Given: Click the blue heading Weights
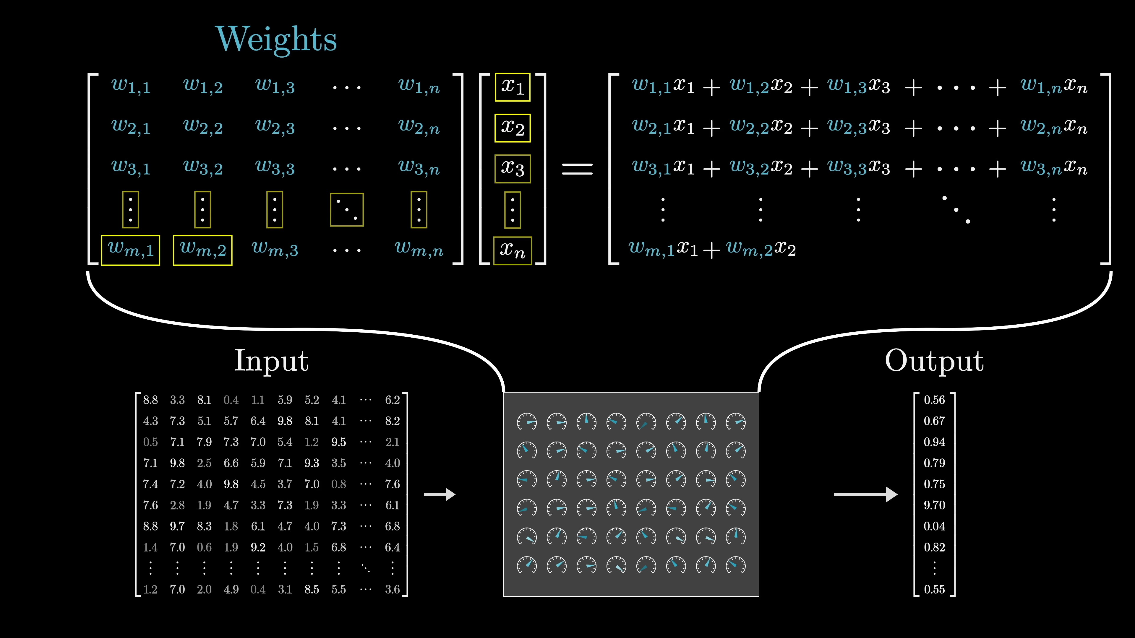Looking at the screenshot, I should pos(276,40).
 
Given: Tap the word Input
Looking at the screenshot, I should pos(271,361).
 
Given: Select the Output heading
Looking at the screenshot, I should pos(934,361).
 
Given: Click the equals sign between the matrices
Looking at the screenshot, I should pos(577,169).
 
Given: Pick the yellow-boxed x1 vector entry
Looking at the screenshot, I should pos(513,87).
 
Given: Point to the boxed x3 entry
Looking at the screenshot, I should pos(513,169).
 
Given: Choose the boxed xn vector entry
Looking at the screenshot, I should pos(513,250).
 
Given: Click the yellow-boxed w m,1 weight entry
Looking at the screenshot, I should pos(130,250).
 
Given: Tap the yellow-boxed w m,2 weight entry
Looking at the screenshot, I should pos(203,250).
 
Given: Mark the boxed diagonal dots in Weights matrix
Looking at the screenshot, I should pos(347,210).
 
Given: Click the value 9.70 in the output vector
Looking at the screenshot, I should pos(934,505).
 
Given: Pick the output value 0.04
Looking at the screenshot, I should pos(934,526).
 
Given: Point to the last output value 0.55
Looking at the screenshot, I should pos(934,589).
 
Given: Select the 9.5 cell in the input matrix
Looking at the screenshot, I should pos(338,442).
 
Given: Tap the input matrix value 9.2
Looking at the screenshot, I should pos(258,547).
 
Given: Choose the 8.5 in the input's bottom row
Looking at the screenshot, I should pos(312,589).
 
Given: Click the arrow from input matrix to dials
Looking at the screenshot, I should pos(439,494).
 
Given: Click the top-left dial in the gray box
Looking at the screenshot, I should pos(526,422).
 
